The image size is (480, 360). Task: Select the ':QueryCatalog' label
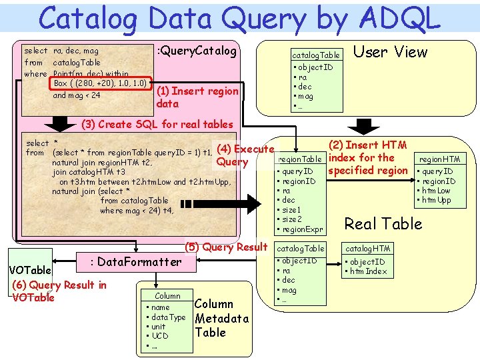tap(196, 51)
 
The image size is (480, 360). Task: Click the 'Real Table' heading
tap(383, 223)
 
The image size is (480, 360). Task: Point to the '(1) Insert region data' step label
tap(197, 97)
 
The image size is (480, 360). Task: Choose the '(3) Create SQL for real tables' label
tap(157, 124)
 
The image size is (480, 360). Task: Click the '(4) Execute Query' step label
tap(244, 155)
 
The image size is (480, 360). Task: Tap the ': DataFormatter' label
tap(135, 262)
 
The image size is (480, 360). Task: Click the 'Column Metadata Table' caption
tap(221, 318)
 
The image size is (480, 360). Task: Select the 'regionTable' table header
tap(301, 159)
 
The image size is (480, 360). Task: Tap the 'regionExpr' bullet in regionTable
tap(303, 229)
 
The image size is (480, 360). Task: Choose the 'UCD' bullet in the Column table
tap(159, 336)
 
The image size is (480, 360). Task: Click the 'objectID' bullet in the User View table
tap(316, 67)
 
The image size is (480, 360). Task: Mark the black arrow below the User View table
tap(364, 125)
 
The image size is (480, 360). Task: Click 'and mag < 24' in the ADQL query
tap(77, 95)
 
